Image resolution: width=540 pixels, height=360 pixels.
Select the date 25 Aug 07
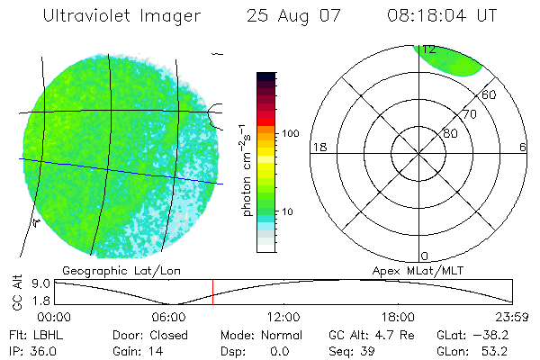pos(287,16)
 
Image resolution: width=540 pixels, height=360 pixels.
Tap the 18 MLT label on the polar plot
pos(318,147)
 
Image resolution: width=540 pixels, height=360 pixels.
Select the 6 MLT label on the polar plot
pos(523,147)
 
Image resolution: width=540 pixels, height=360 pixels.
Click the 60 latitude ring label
pos(490,94)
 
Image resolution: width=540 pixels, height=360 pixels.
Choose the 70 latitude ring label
pos(469,114)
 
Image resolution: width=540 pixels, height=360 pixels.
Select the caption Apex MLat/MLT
pos(419,270)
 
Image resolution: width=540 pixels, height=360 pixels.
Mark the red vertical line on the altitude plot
pos(212,291)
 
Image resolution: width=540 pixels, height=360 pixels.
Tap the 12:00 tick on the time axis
pos(283,317)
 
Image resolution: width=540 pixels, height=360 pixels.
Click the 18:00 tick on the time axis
pos(398,317)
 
